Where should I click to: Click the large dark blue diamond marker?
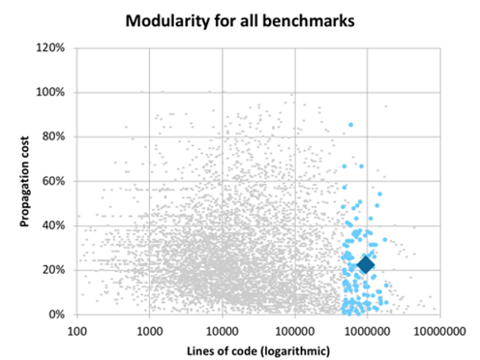366,264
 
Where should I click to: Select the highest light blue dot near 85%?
351,124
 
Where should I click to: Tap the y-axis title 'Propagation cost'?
25,182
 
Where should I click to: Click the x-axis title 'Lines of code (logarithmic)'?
258,349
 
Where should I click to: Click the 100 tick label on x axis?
77,329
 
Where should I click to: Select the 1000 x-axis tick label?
149,329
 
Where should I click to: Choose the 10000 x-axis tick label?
222,329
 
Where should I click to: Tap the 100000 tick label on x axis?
295,329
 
